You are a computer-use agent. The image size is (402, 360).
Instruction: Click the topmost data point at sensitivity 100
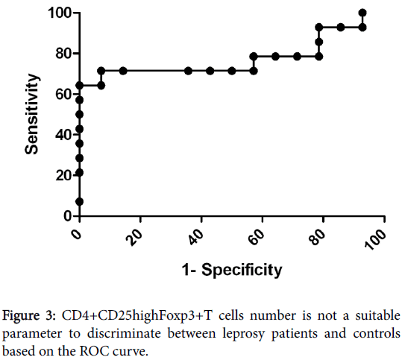tap(362, 13)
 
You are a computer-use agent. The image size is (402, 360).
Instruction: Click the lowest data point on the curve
tap(80, 202)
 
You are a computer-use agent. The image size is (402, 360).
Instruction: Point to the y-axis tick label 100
tap(60, 13)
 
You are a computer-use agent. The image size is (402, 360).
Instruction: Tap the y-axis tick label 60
tap(63, 95)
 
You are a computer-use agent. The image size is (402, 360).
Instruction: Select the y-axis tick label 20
tap(63, 175)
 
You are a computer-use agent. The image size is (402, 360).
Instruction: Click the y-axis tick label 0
tap(68, 216)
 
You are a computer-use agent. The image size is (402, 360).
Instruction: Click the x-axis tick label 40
tap(196, 236)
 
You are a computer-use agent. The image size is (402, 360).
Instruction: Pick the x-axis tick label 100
tap(375, 239)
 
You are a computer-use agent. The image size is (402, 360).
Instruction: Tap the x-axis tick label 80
tap(318, 236)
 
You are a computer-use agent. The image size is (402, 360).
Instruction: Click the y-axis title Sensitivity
tap(32, 114)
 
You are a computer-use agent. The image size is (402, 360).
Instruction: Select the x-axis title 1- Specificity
tap(232, 270)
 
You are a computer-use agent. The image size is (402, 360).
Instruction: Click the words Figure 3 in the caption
tap(29, 316)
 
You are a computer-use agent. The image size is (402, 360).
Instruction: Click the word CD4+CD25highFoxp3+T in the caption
tap(137, 316)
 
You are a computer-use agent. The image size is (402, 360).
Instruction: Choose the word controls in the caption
tap(377, 333)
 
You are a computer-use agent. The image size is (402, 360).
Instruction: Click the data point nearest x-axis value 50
tap(232, 71)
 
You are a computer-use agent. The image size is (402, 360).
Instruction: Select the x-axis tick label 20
tap(135, 236)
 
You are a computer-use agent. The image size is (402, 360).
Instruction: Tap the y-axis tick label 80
tap(63, 54)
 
